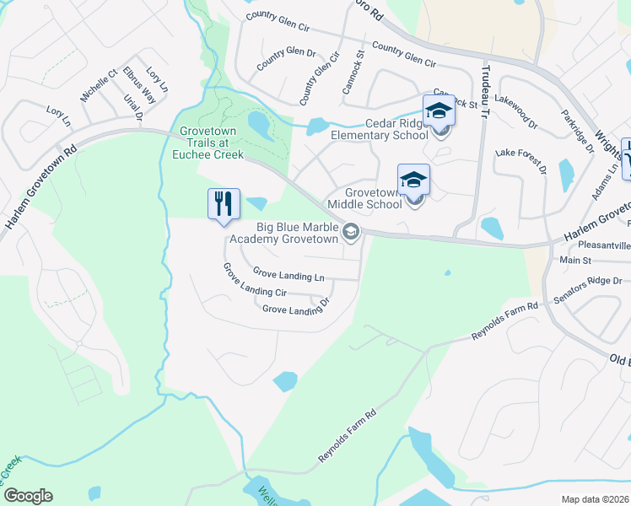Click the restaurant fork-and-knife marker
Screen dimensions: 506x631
coord(224,204)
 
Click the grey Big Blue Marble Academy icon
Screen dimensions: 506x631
coord(351,232)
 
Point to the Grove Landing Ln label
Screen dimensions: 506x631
coord(289,274)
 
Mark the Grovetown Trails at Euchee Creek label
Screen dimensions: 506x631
coord(212,143)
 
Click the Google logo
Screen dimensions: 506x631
coord(28,496)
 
